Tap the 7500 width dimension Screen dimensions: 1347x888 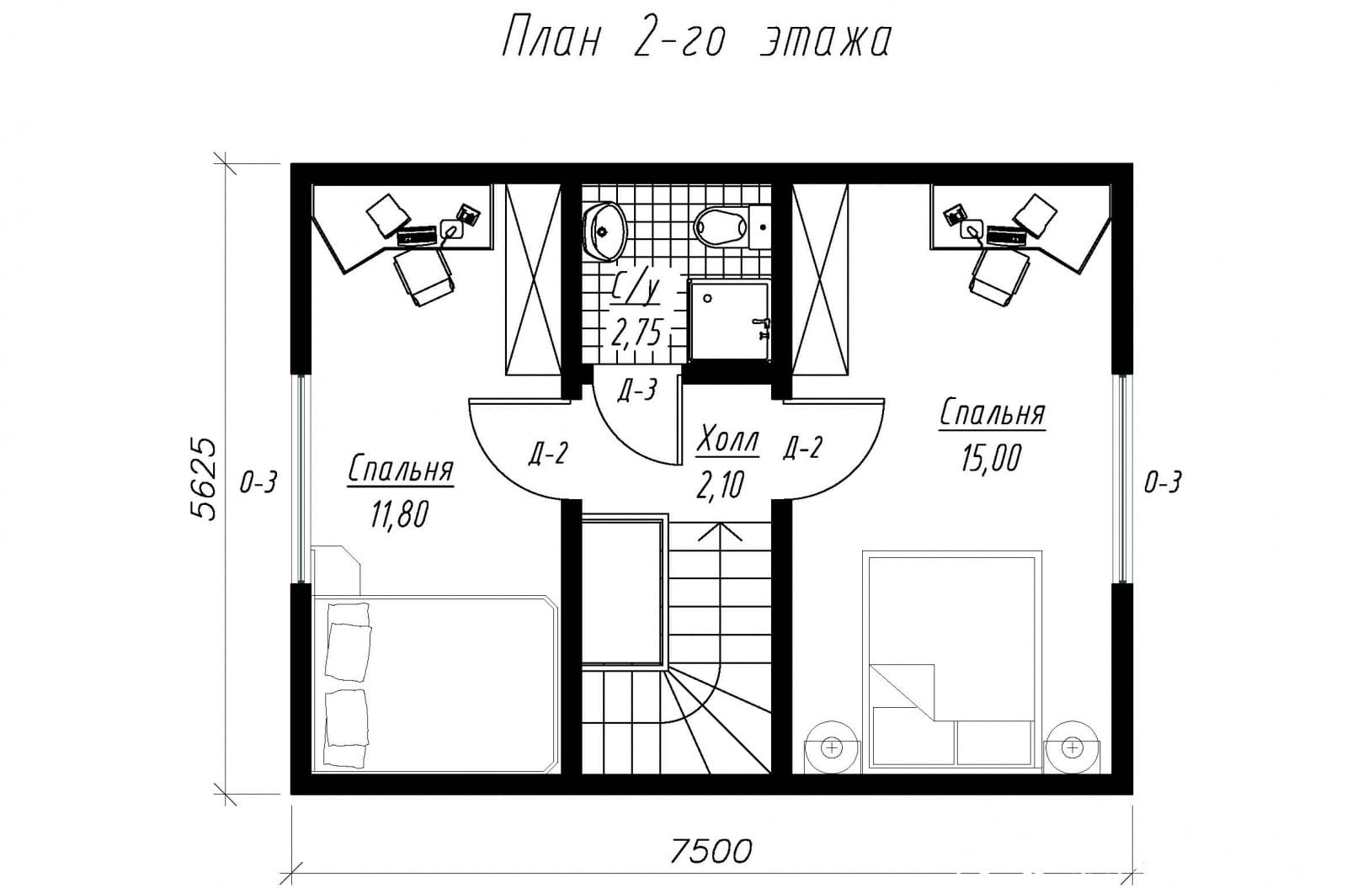tap(711, 851)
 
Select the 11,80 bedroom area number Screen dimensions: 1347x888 tap(400, 514)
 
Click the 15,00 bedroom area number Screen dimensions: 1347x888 tap(991, 459)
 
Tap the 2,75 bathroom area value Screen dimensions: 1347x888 tap(636, 333)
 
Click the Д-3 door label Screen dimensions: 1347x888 tap(636, 391)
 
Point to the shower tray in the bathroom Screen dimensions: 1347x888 tap(729, 320)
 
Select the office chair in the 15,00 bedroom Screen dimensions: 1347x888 tap(998, 276)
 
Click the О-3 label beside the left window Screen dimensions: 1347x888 tap(258, 481)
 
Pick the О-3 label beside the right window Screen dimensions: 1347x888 tap(1163, 481)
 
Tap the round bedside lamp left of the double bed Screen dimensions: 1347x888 tap(833, 747)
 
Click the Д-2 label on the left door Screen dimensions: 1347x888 tap(548, 454)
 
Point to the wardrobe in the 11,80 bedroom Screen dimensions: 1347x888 tap(534, 280)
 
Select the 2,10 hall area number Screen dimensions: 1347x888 tap(721, 485)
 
